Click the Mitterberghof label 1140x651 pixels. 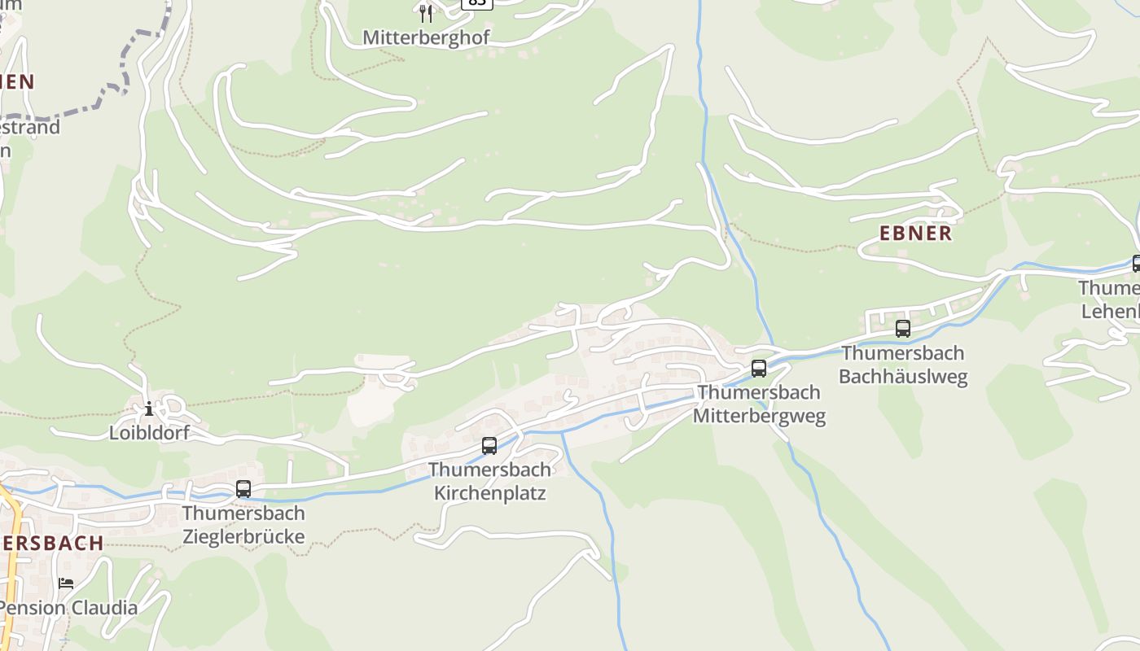tap(426, 38)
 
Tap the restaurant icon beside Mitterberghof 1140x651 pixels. tap(426, 13)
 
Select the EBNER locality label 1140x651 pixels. tap(915, 234)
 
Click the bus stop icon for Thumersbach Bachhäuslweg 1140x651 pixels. tap(903, 329)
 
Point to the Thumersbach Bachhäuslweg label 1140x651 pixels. tap(903, 365)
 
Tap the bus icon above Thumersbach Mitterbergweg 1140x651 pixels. tap(759, 369)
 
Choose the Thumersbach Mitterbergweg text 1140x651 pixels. tap(759, 404)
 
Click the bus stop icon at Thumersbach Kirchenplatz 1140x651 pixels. tap(489, 446)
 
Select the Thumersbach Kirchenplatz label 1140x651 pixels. tap(489, 481)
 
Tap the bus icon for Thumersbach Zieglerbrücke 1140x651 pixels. tap(243, 489)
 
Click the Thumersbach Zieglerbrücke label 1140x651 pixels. tap(243, 525)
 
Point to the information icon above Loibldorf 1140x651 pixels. tap(148, 409)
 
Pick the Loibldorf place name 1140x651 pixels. tap(149, 433)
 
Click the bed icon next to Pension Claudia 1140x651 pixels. tap(66, 583)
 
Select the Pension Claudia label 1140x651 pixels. tap(69, 608)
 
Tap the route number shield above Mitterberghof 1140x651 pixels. tap(476, 2)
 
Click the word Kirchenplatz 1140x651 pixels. tap(489, 493)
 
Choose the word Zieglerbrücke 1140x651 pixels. tap(243, 537)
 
